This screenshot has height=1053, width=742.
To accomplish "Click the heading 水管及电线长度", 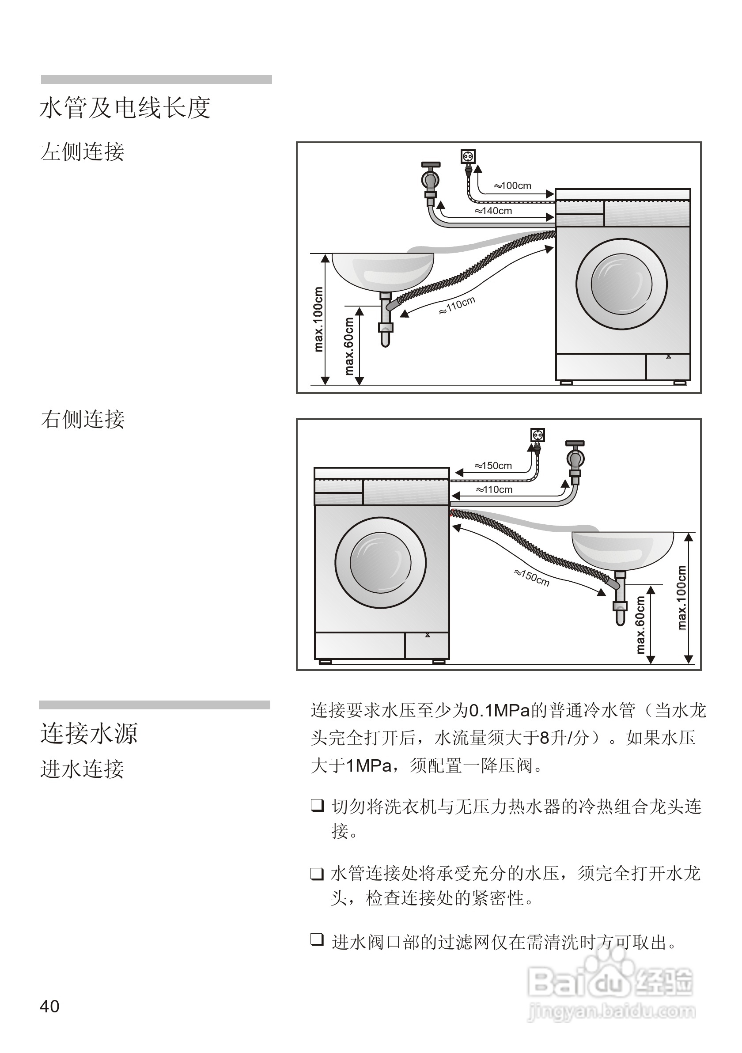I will pyautogui.click(x=125, y=108).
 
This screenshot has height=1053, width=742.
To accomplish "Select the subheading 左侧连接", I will pyautogui.click(x=83, y=152).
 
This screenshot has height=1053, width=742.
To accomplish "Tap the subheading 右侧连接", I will pyautogui.click(x=83, y=419).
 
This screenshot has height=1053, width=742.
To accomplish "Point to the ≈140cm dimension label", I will pyautogui.click(x=493, y=211).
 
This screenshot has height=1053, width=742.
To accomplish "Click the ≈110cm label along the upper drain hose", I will pyautogui.click(x=457, y=306).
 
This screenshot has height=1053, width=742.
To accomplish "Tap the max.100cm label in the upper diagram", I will pyautogui.click(x=318, y=319).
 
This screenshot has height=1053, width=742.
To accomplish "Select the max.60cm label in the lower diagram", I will pyautogui.click(x=641, y=624).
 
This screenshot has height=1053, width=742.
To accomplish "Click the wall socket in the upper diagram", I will pyautogui.click(x=468, y=157).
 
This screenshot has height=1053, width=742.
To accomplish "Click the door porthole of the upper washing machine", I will pyautogui.click(x=621, y=284).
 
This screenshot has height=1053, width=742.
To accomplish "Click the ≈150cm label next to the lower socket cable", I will pyautogui.click(x=493, y=466).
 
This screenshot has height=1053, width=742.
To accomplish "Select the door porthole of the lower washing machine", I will pyautogui.click(x=380, y=563).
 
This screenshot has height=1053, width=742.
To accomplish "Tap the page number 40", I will pyautogui.click(x=49, y=1006).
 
